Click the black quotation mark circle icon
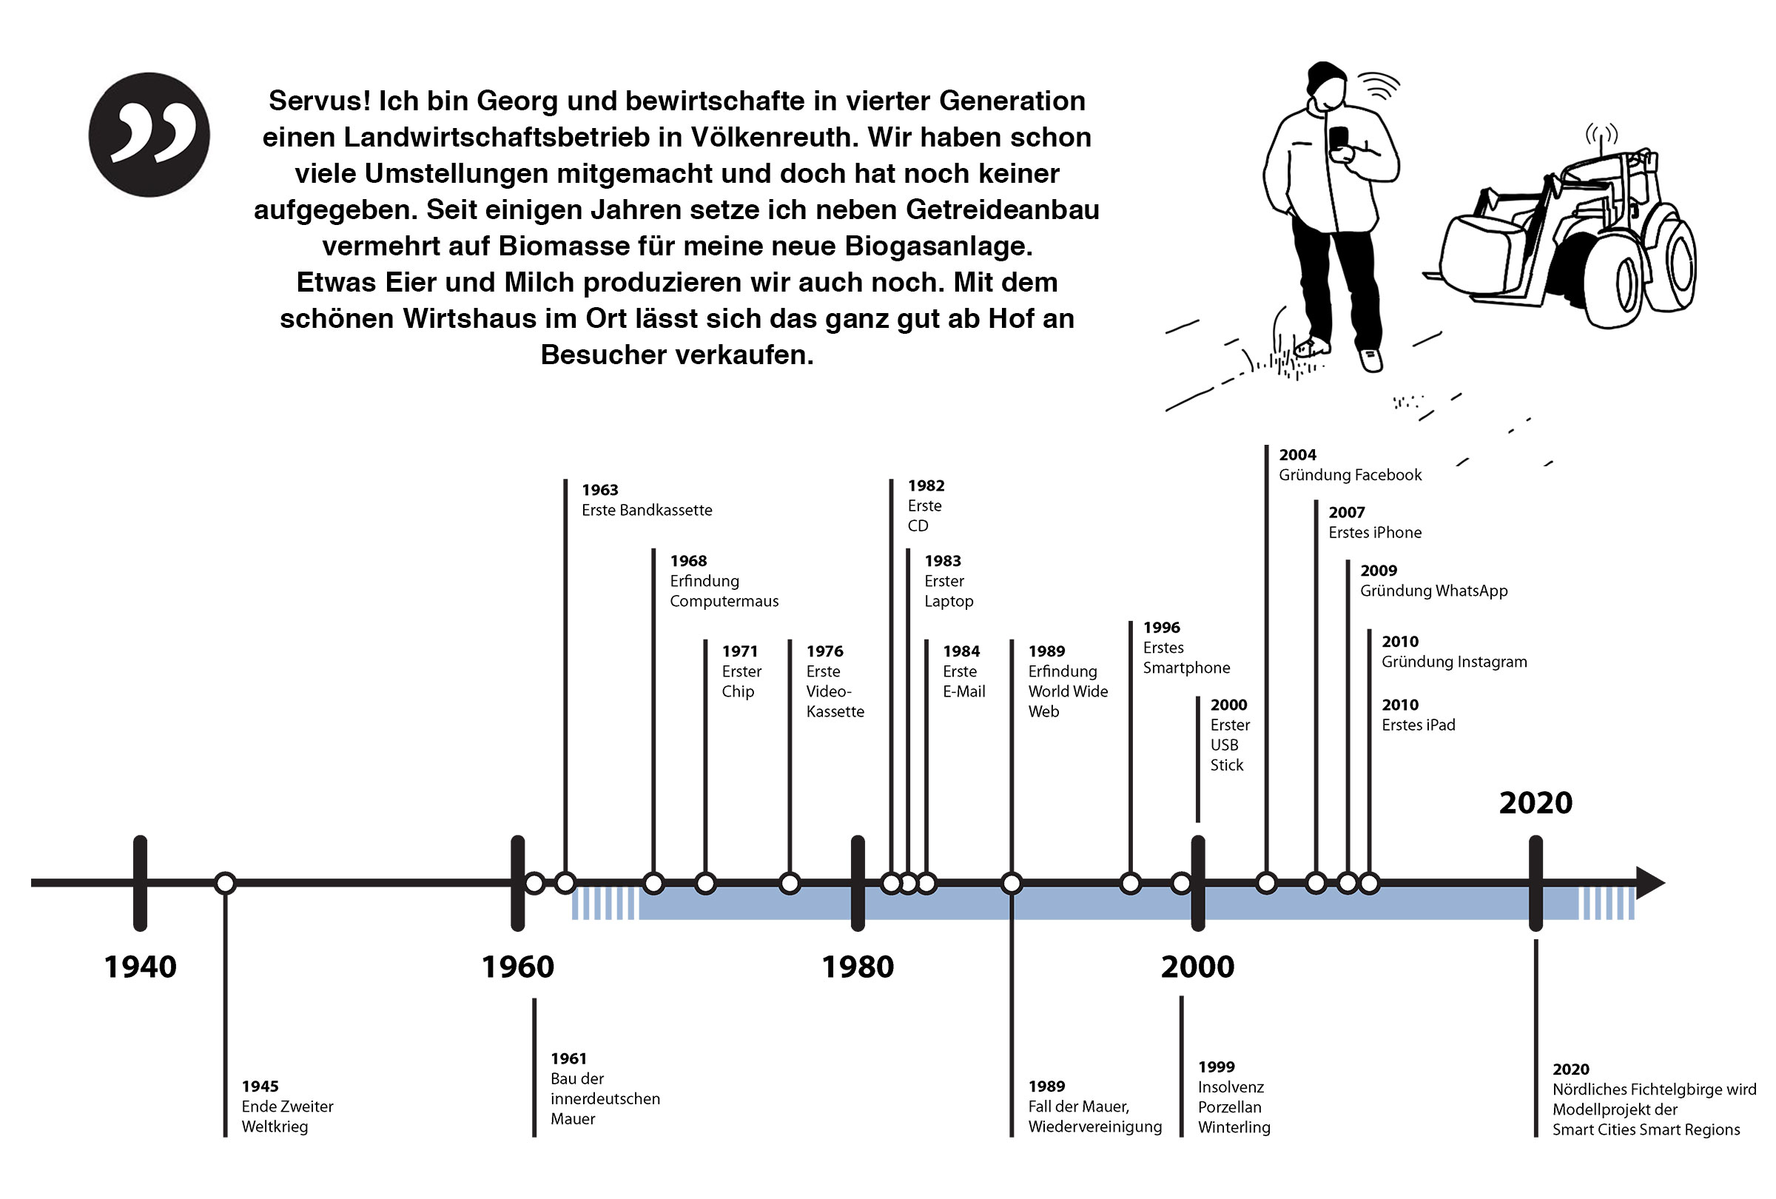(149, 135)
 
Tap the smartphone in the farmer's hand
(1338, 140)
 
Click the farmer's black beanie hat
(1325, 78)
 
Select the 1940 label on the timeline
(140, 967)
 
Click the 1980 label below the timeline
(858, 967)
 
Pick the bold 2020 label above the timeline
(1535, 802)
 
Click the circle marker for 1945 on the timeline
(225, 884)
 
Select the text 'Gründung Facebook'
(1350, 474)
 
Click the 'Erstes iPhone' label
(1375, 533)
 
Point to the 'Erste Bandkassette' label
(647, 510)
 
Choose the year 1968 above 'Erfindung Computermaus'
(687, 561)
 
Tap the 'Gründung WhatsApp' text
(1433, 591)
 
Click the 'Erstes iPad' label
(1419, 725)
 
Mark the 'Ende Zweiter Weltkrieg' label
(287, 1115)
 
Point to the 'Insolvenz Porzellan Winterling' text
(1234, 1106)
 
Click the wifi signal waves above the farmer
(1379, 87)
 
